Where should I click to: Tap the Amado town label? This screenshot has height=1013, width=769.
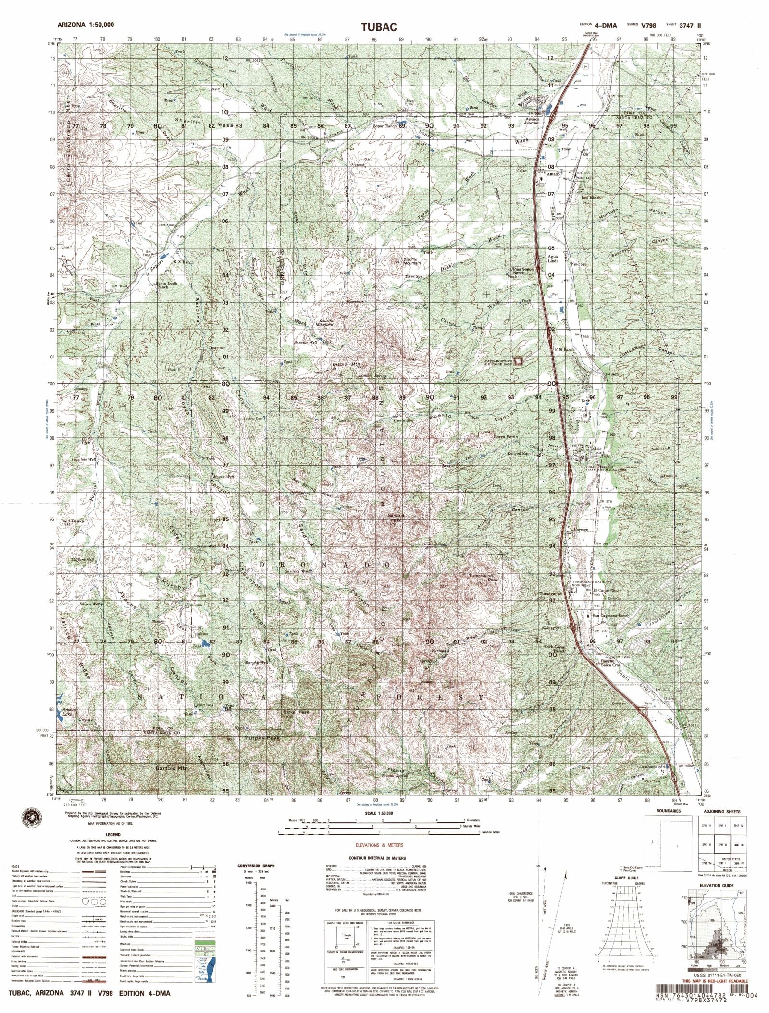[553, 174]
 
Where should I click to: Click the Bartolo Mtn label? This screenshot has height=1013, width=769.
[173, 782]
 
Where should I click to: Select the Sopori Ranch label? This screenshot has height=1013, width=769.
[385, 126]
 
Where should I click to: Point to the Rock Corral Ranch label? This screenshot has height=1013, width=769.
[555, 649]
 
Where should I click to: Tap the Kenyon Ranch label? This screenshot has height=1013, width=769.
[521, 453]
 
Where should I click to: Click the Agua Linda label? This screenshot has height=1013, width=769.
[553, 259]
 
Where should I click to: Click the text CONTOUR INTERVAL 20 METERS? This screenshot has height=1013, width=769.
[377, 858]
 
